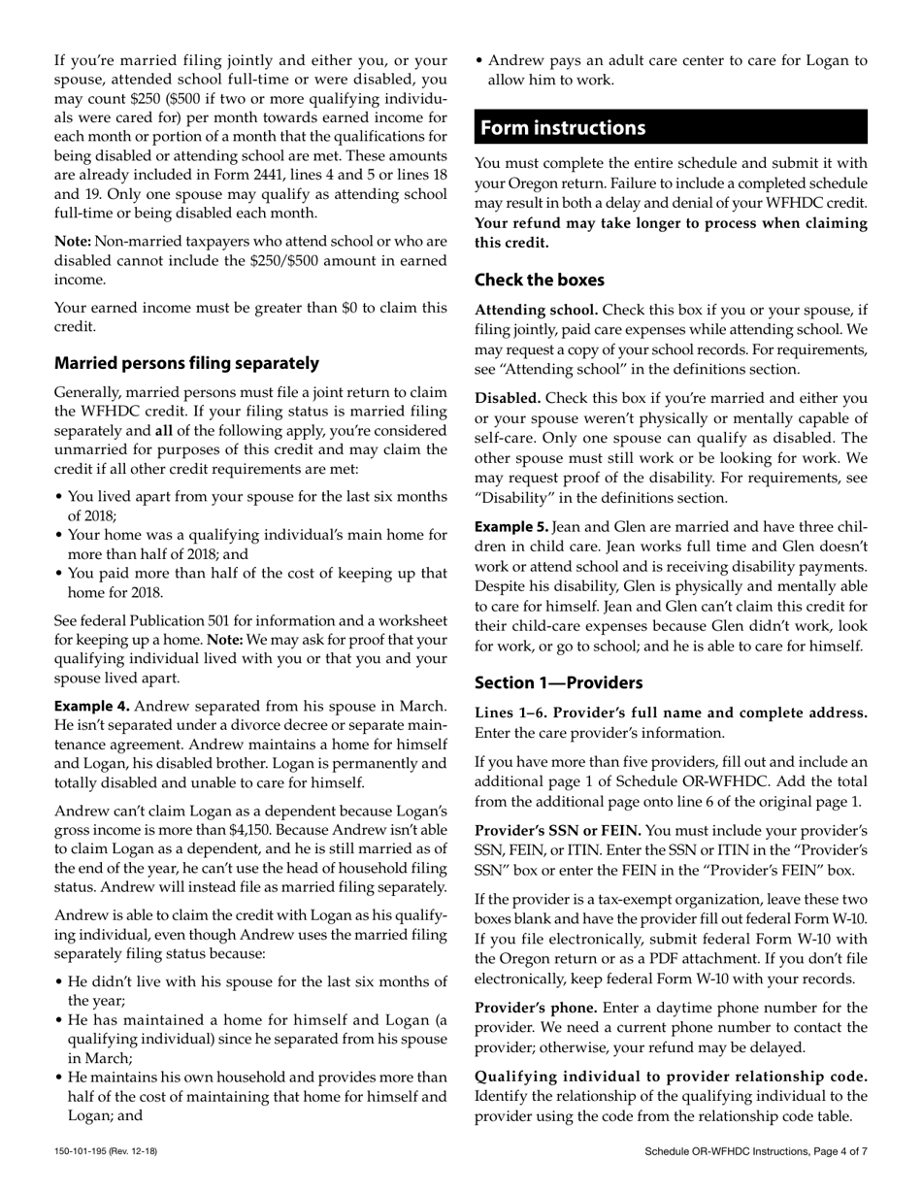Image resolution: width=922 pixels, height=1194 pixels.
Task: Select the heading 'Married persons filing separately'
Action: coord(186,363)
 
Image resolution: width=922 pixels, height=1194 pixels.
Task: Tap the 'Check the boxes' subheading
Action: coord(539,280)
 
